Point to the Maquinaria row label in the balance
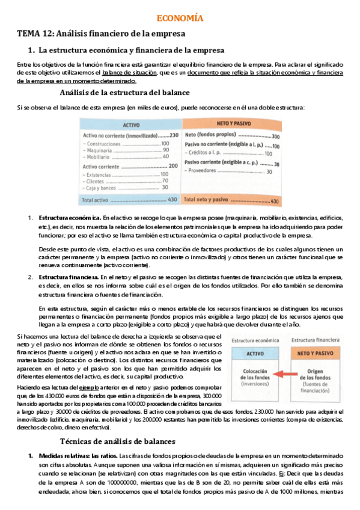(x=102, y=150)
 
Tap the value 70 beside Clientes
(x=165, y=180)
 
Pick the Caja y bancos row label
(x=105, y=187)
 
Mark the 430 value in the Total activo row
(x=172, y=199)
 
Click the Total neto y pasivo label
(x=206, y=199)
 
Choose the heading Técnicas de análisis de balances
(x=124, y=441)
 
